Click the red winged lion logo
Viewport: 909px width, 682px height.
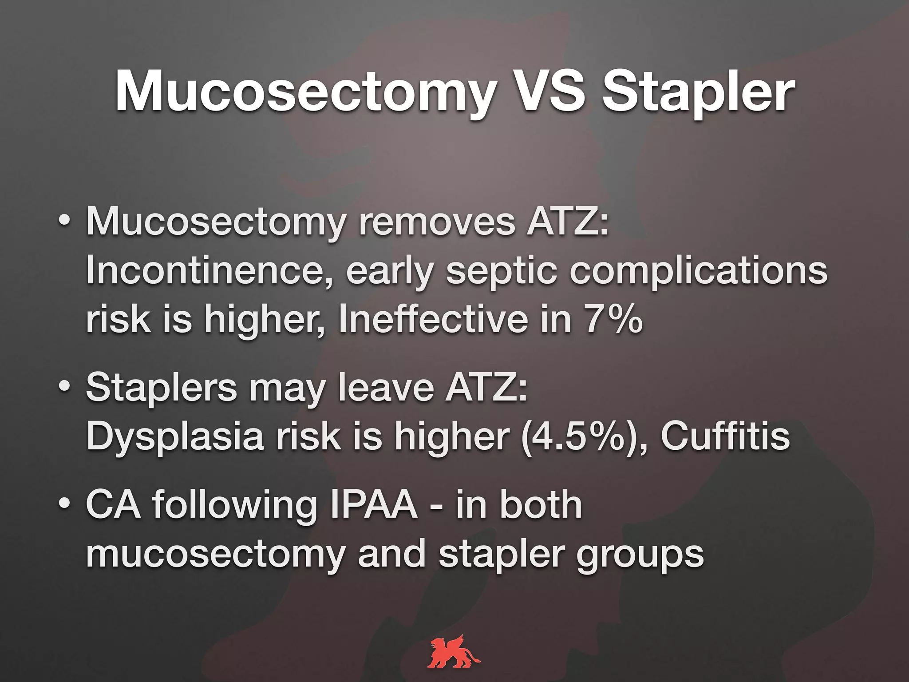(x=454, y=651)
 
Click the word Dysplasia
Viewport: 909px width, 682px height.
(x=175, y=436)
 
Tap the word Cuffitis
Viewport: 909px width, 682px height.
(x=725, y=436)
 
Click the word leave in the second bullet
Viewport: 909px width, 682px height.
(x=386, y=387)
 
